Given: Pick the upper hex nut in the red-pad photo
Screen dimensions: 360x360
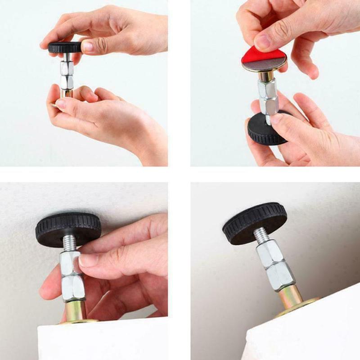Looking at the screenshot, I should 267,90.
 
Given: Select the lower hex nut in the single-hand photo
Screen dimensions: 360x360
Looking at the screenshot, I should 73,288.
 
